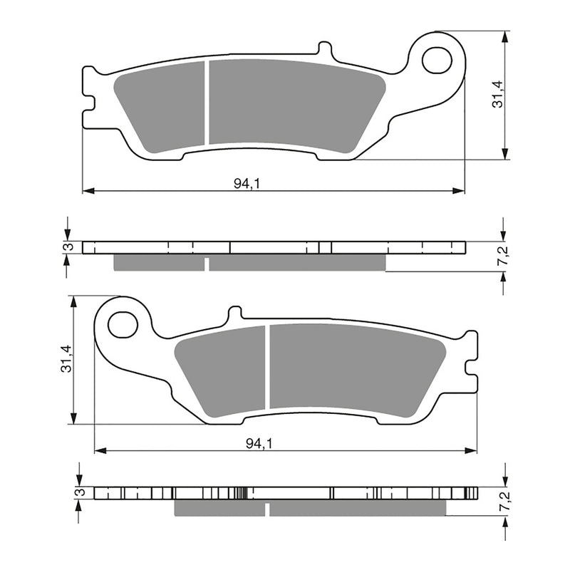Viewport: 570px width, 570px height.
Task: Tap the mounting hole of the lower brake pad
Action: (x=123, y=325)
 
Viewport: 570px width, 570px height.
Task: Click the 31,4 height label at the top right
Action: (x=498, y=93)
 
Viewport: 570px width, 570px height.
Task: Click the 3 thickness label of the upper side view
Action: (x=68, y=247)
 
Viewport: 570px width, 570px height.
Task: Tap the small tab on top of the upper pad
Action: (x=324, y=49)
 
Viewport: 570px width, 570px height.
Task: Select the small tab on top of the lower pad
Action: (x=234, y=313)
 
